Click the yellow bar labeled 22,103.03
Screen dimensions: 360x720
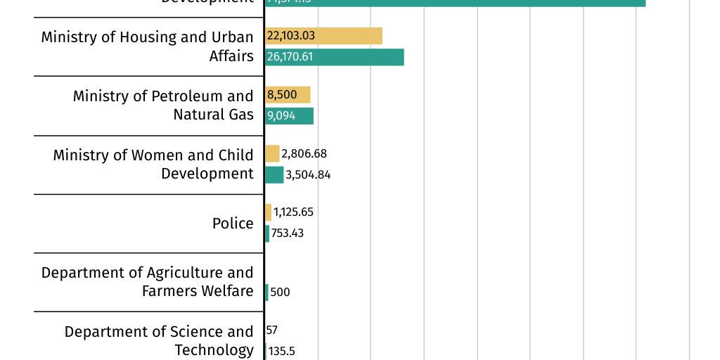click(323, 36)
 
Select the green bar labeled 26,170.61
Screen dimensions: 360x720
click(334, 57)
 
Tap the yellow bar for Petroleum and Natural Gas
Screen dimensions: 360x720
click(288, 95)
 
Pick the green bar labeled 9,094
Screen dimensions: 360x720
click(289, 116)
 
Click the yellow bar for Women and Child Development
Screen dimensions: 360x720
click(272, 153)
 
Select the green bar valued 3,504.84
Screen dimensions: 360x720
click(274, 174)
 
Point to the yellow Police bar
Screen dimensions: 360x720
click(268, 212)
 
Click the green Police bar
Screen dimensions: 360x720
click(267, 233)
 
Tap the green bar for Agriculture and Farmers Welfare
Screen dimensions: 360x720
click(266, 292)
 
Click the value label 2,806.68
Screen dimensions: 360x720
click(304, 153)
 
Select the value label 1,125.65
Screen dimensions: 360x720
click(293, 212)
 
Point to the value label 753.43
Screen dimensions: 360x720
click(288, 233)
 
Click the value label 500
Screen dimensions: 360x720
click(280, 292)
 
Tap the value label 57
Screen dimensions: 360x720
click(272, 330)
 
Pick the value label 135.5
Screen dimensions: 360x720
click(281, 351)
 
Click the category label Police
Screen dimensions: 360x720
click(233, 224)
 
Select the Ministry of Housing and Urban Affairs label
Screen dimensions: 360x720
click(147, 46)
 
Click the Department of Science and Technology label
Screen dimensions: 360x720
click(158, 340)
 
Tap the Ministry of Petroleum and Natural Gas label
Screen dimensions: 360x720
click(162, 105)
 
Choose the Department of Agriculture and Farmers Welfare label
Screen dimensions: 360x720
click(147, 282)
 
